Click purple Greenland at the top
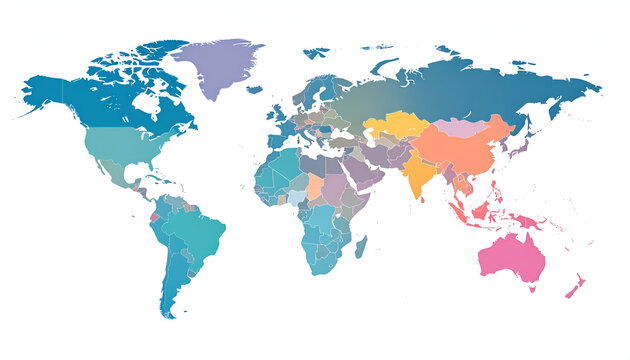point(215,65)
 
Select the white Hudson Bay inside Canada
point(147,103)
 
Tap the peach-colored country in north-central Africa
point(315,188)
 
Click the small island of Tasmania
point(528,291)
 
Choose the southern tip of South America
point(167,310)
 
